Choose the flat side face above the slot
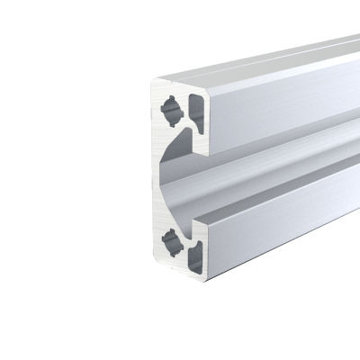[x=279, y=103]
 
